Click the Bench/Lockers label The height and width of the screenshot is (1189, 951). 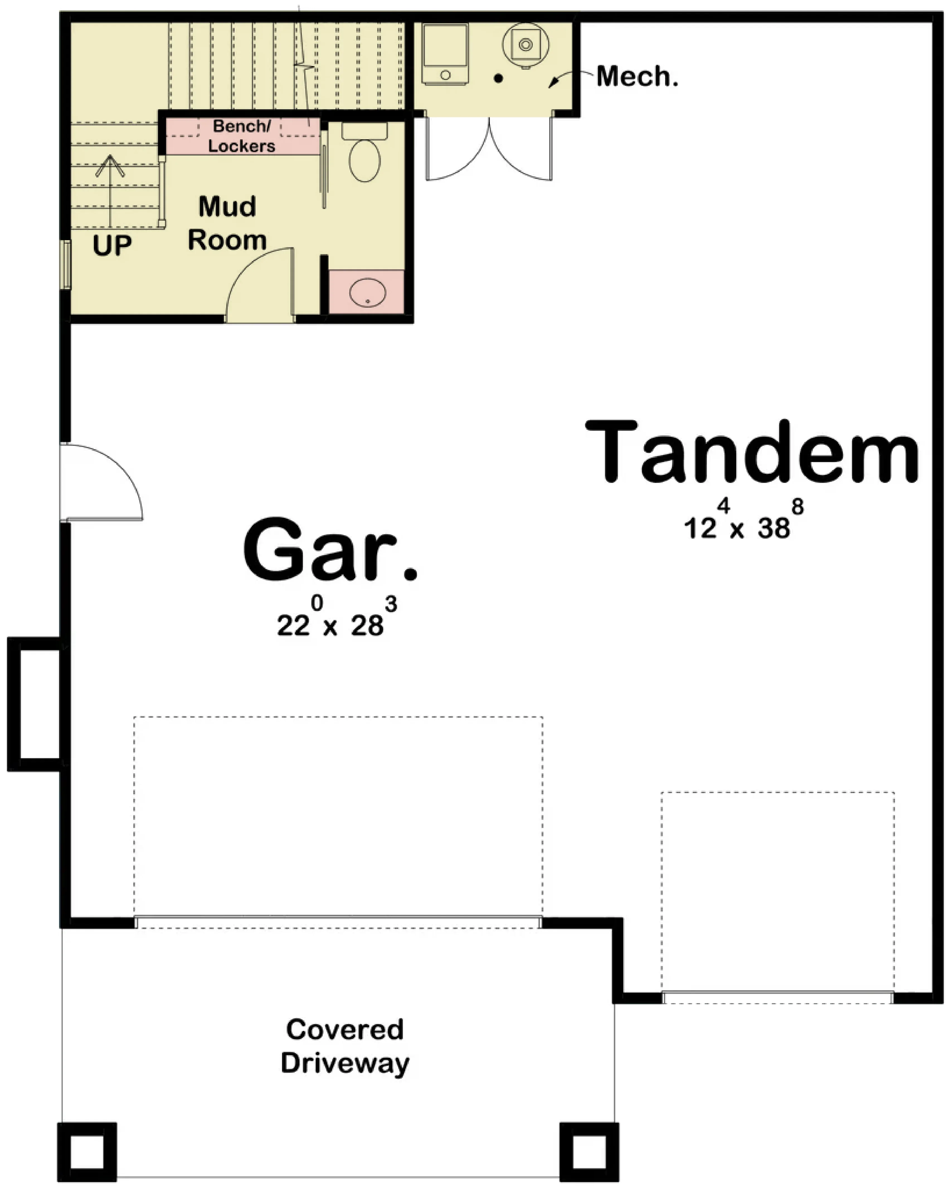[x=242, y=136]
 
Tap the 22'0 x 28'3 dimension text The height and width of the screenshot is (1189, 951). [x=337, y=617]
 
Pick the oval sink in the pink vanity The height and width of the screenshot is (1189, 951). [x=368, y=292]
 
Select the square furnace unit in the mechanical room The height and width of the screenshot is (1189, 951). [x=445, y=54]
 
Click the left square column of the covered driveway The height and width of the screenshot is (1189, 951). [x=87, y=1151]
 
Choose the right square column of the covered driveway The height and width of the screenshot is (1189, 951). [x=589, y=1151]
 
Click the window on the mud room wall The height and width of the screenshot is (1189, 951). [x=65, y=265]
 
